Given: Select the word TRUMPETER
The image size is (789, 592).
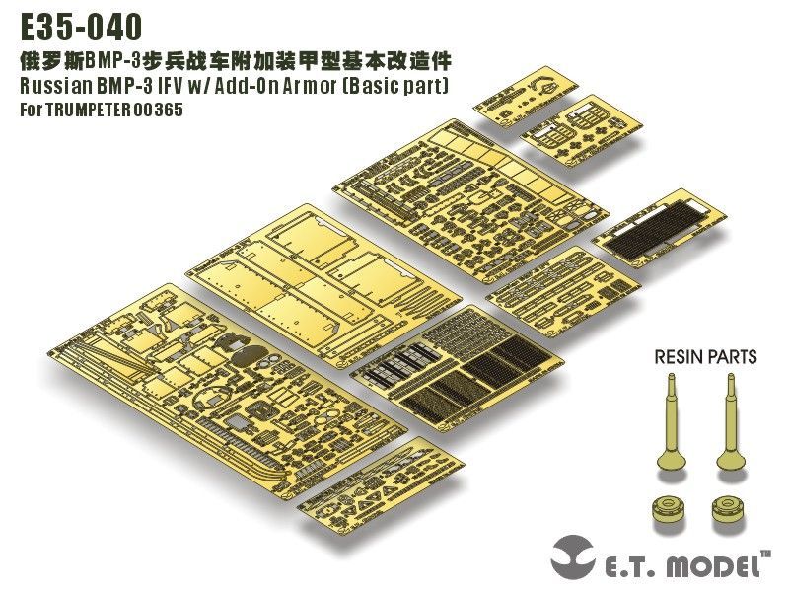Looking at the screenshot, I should (96, 110).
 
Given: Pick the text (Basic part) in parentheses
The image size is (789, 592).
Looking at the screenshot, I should (394, 86).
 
